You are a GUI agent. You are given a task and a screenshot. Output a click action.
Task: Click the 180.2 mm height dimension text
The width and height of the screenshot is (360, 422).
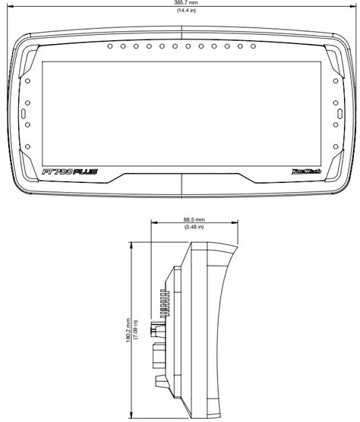[130, 329]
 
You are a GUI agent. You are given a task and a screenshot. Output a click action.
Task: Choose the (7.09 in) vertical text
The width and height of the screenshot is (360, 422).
[137, 329]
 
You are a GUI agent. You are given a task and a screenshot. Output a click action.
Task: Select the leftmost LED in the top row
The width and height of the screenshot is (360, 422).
[110, 47]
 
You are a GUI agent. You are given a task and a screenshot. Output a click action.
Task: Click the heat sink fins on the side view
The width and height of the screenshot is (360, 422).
[163, 304]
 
